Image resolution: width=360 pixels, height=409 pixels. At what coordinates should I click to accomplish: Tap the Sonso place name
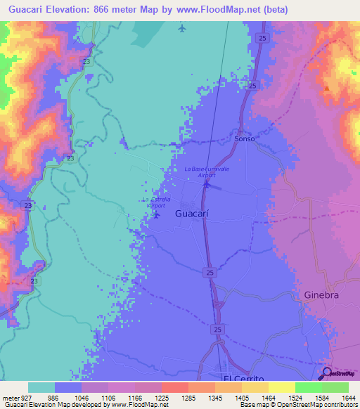[244, 139]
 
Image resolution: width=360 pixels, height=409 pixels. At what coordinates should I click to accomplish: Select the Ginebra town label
[321, 295]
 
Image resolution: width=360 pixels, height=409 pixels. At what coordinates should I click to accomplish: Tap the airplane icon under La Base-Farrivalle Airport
[206, 185]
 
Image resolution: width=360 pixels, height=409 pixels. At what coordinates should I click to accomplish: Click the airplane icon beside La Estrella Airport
[156, 214]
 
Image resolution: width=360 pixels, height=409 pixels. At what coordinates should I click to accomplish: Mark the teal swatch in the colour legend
[41, 387]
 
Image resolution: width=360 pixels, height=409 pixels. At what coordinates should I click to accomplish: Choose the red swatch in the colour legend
[175, 387]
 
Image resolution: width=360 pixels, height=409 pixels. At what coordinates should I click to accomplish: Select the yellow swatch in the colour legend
[282, 387]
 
